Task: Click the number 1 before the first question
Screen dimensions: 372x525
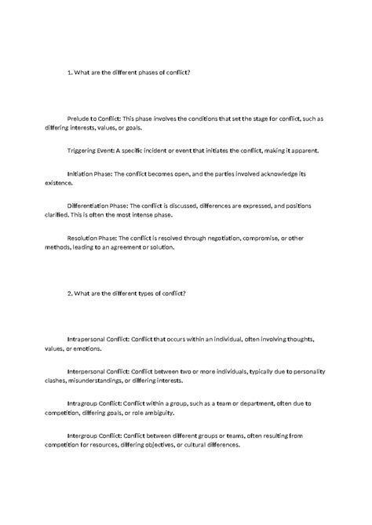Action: point(69,72)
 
